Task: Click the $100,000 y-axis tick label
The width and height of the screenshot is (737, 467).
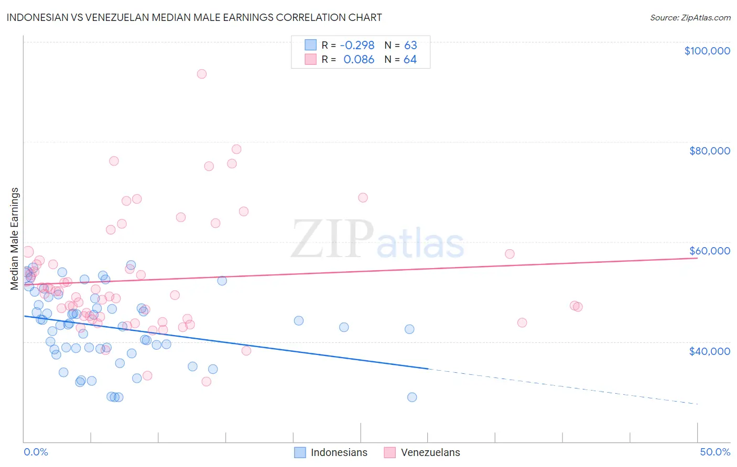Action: [x=707, y=51]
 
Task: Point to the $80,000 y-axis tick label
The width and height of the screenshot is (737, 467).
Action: [x=709, y=151]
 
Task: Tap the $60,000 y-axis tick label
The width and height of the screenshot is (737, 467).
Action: [x=709, y=251]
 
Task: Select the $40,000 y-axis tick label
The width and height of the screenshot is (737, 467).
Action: [x=709, y=351]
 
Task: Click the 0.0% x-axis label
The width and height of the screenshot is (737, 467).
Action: [x=36, y=452]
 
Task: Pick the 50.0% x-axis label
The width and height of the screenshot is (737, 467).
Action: [x=715, y=452]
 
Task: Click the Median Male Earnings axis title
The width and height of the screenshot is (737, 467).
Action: [x=15, y=239]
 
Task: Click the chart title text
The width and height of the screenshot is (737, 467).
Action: [x=194, y=17]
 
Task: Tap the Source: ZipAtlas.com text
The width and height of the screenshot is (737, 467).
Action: [x=690, y=17]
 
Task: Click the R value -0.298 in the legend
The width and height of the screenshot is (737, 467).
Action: [x=357, y=45]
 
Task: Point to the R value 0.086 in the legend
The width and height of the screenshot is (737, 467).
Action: [x=359, y=60]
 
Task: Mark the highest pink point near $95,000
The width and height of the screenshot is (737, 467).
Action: [x=201, y=74]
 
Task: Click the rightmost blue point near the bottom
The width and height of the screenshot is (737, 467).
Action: [x=412, y=397]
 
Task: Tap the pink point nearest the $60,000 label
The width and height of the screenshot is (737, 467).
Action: [x=510, y=254]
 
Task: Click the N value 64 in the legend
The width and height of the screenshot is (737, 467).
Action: [x=410, y=60]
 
